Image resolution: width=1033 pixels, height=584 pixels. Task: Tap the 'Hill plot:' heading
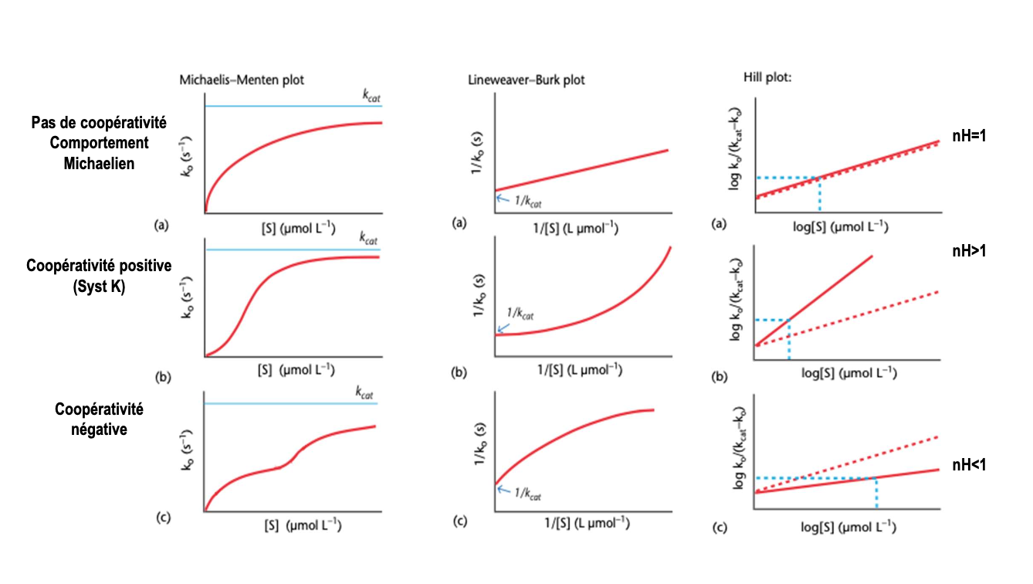(764, 78)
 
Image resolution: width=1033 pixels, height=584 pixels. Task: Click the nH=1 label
(970, 136)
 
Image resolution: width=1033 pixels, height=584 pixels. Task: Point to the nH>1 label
(969, 251)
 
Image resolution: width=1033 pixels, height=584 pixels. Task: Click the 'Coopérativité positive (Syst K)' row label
(99, 274)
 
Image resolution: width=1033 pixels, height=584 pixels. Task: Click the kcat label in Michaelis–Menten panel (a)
(372, 96)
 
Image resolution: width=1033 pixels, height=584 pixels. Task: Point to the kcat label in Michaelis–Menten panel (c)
(364, 392)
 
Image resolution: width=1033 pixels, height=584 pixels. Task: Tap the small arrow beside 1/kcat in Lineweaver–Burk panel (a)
(500, 199)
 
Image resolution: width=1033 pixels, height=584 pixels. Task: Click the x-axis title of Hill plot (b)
(848, 372)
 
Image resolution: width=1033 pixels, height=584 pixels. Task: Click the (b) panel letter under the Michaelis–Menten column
(162, 378)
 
